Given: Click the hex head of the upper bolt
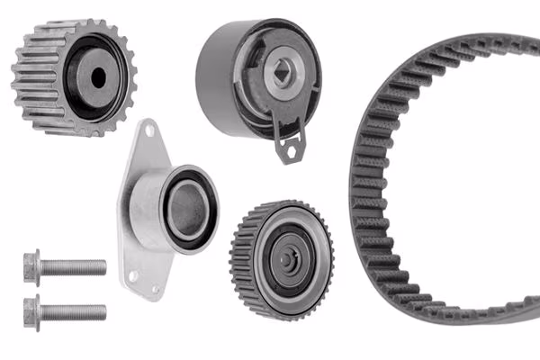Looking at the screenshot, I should tap(31, 266).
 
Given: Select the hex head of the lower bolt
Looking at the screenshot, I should tap(31, 311).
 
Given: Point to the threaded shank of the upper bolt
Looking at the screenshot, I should tap(72, 267).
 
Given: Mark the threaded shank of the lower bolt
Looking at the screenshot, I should tap(72, 312).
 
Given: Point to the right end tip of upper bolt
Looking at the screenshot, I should tap(103, 267).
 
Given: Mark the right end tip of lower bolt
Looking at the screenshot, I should tap(103, 312).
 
